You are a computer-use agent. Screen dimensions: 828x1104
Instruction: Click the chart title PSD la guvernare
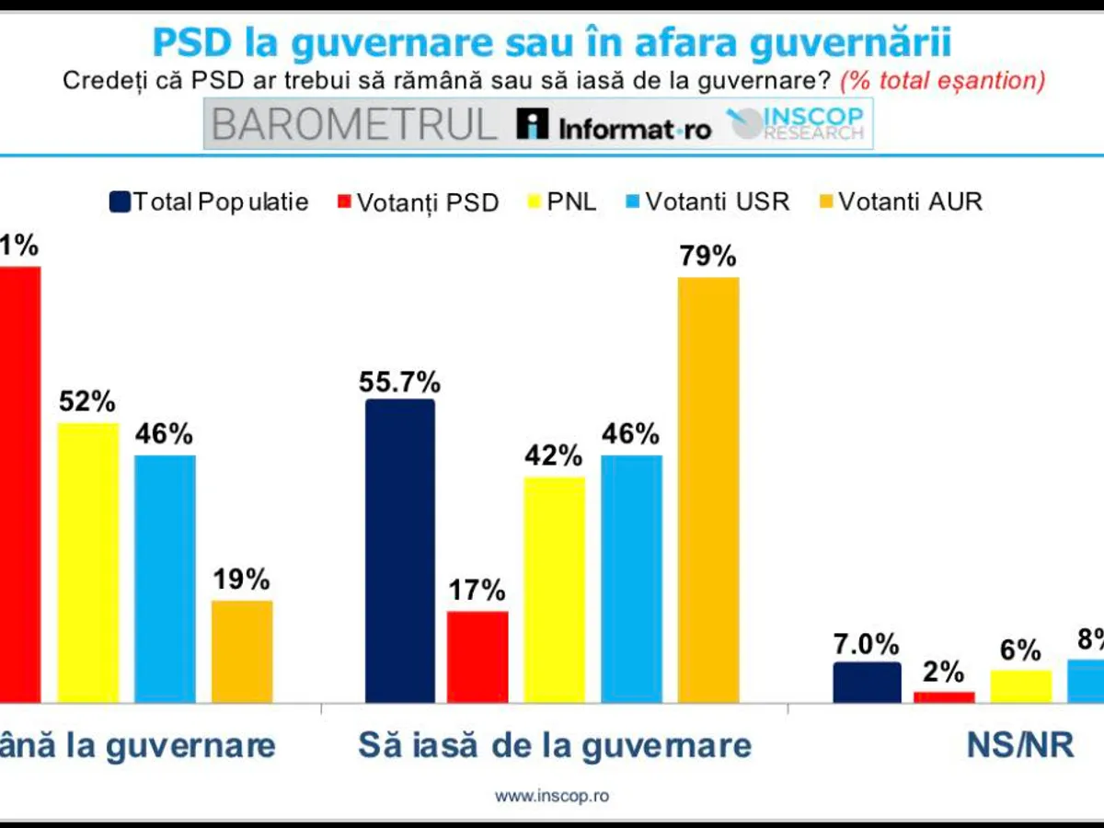coord(552,42)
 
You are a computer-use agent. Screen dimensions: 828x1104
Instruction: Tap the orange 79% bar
coord(708,489)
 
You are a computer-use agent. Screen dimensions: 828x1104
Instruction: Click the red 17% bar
coord(477,656)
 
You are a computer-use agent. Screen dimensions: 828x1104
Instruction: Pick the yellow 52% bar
coord(88,561)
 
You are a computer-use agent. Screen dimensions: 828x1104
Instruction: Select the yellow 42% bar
coord(555,589)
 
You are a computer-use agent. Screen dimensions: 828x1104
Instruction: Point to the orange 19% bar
coord(242,650)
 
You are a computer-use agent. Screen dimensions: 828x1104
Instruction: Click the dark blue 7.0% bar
coord(867,682)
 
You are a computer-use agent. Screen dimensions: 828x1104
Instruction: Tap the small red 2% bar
coord(944,696)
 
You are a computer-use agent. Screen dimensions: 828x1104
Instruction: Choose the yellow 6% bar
coord(1020,685)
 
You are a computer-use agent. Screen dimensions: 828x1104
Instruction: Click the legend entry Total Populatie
coord(210,202)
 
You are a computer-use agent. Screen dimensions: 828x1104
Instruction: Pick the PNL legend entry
coord(561,202)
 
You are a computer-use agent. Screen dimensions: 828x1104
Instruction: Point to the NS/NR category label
coord(1020,744)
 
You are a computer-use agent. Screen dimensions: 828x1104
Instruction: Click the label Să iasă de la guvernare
coord(555,744)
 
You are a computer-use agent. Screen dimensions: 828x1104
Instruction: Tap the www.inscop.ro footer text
coord(552,796)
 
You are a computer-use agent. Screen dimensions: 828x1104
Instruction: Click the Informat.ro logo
coord(614,127)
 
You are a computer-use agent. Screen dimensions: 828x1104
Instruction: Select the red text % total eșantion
coord(942,80)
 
